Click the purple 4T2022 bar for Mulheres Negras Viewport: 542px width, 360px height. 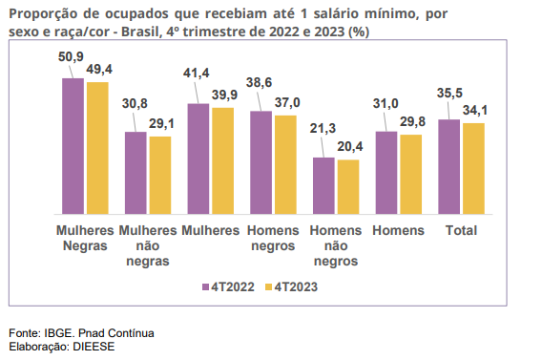click(x=73, y=146)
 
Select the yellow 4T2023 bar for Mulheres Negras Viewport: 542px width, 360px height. click(x=97, y=148)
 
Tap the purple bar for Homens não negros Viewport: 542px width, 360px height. click(x=323, y=185)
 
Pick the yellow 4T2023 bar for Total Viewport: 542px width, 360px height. click(x=473, y=168)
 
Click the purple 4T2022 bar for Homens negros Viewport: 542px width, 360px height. click(x=261, y=162)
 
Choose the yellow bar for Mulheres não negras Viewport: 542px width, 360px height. click(x=160, y=176)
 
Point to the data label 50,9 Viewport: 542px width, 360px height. click(x=71, y=56)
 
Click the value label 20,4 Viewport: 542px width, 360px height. click(x=350, y=147)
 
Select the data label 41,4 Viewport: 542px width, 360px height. click(x=197, y=74)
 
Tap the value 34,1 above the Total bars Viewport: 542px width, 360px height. click(x=475, y=111)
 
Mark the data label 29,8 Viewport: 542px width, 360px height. click(x=413, y=121)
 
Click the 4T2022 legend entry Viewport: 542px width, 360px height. click(x=228, y=287)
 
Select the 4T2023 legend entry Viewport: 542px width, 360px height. click(x=291, y=287)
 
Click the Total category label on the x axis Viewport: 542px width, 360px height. click(x=461, y=230)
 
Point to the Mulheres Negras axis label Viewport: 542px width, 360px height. click(x=85, y=239)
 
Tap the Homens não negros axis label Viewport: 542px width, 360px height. click(x=336, y=245)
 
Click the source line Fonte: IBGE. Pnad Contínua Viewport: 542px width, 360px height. click(x=81, y=333)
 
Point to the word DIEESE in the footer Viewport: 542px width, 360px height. click(x=94, y=347)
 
